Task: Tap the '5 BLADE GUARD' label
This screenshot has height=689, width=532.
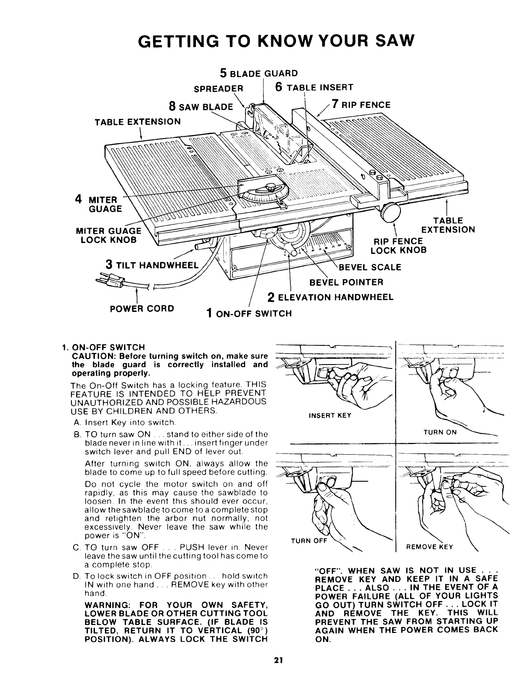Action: [259, 73]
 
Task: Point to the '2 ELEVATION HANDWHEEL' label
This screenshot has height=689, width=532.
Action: [330, 297]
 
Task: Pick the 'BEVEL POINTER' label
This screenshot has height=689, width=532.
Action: [346, 282]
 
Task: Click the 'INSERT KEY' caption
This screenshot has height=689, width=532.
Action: [330, 415]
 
